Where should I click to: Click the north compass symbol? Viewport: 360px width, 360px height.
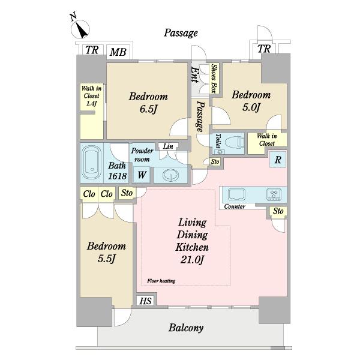pos(80,29)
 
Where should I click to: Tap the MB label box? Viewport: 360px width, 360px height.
pos(118,52)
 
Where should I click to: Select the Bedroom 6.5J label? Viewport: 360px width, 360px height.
pos(148,103)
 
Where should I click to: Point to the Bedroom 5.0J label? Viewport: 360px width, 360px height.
pos(251,101)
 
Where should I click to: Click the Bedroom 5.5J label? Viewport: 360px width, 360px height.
pos(106,252)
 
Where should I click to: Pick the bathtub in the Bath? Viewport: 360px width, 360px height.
pos(92,163)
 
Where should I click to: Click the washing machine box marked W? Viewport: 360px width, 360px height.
pos(142,175)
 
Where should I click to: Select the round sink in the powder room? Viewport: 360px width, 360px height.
pos(170,175)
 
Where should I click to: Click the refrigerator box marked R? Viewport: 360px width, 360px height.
pos(278,160)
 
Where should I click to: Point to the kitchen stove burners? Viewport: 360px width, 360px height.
pos(274,194)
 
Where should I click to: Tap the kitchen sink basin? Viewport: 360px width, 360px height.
pos(236,194)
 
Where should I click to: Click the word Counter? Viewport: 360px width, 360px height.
pos(235,206)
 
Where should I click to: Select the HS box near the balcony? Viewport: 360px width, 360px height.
pos(146,301)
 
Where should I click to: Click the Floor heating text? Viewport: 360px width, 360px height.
pos(161,281)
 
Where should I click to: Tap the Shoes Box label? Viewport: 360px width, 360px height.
pos(214,79)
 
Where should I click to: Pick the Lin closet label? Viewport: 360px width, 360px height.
pos(168,146)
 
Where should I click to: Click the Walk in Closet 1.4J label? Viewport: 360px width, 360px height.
pos(91,95)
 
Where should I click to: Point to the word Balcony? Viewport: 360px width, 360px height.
pos(186,328)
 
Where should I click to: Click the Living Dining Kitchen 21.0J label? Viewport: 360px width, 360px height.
pos(193,241)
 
